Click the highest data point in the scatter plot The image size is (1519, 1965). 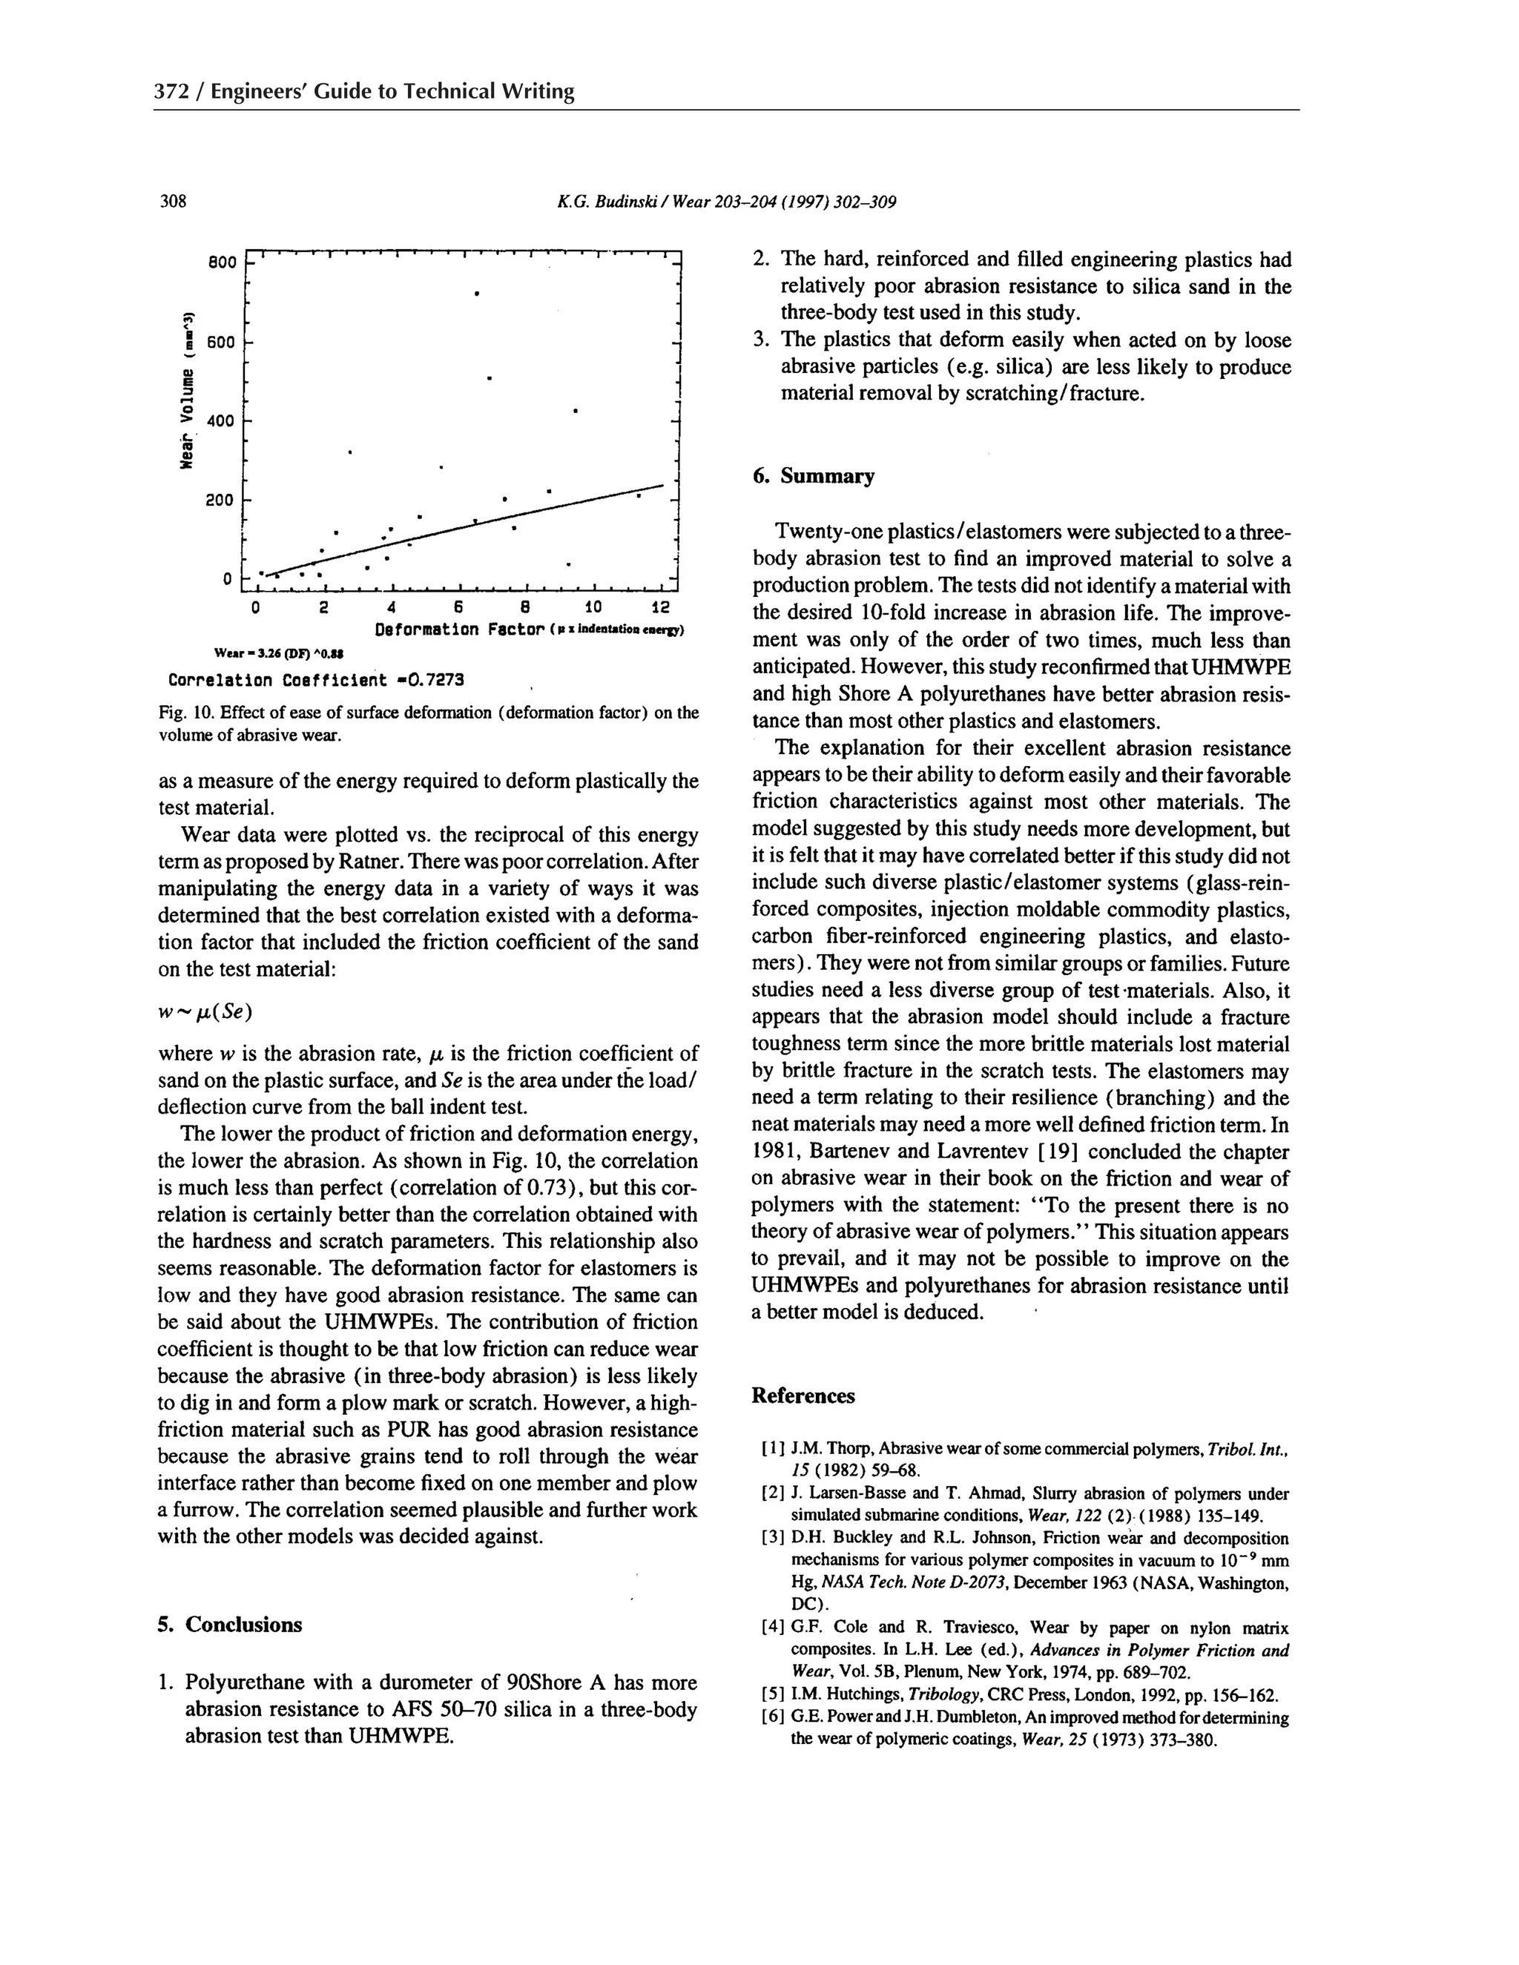click(476, 294)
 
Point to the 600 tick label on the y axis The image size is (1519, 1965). click(220, 343)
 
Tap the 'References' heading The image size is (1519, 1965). click(803, 1396)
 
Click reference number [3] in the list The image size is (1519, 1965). click(773, 1538)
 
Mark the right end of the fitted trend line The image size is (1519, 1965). click(663, 486)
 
